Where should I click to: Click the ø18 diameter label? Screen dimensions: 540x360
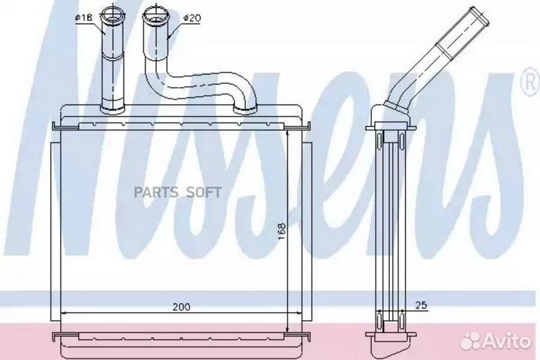84,18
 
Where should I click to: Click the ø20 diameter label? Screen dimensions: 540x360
192,18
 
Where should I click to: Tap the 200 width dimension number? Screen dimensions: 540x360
181,307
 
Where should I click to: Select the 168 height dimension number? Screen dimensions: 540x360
282,232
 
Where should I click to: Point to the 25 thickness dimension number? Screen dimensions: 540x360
421,304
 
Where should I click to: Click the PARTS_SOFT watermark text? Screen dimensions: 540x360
178,193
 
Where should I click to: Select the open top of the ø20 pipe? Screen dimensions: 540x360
154,14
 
